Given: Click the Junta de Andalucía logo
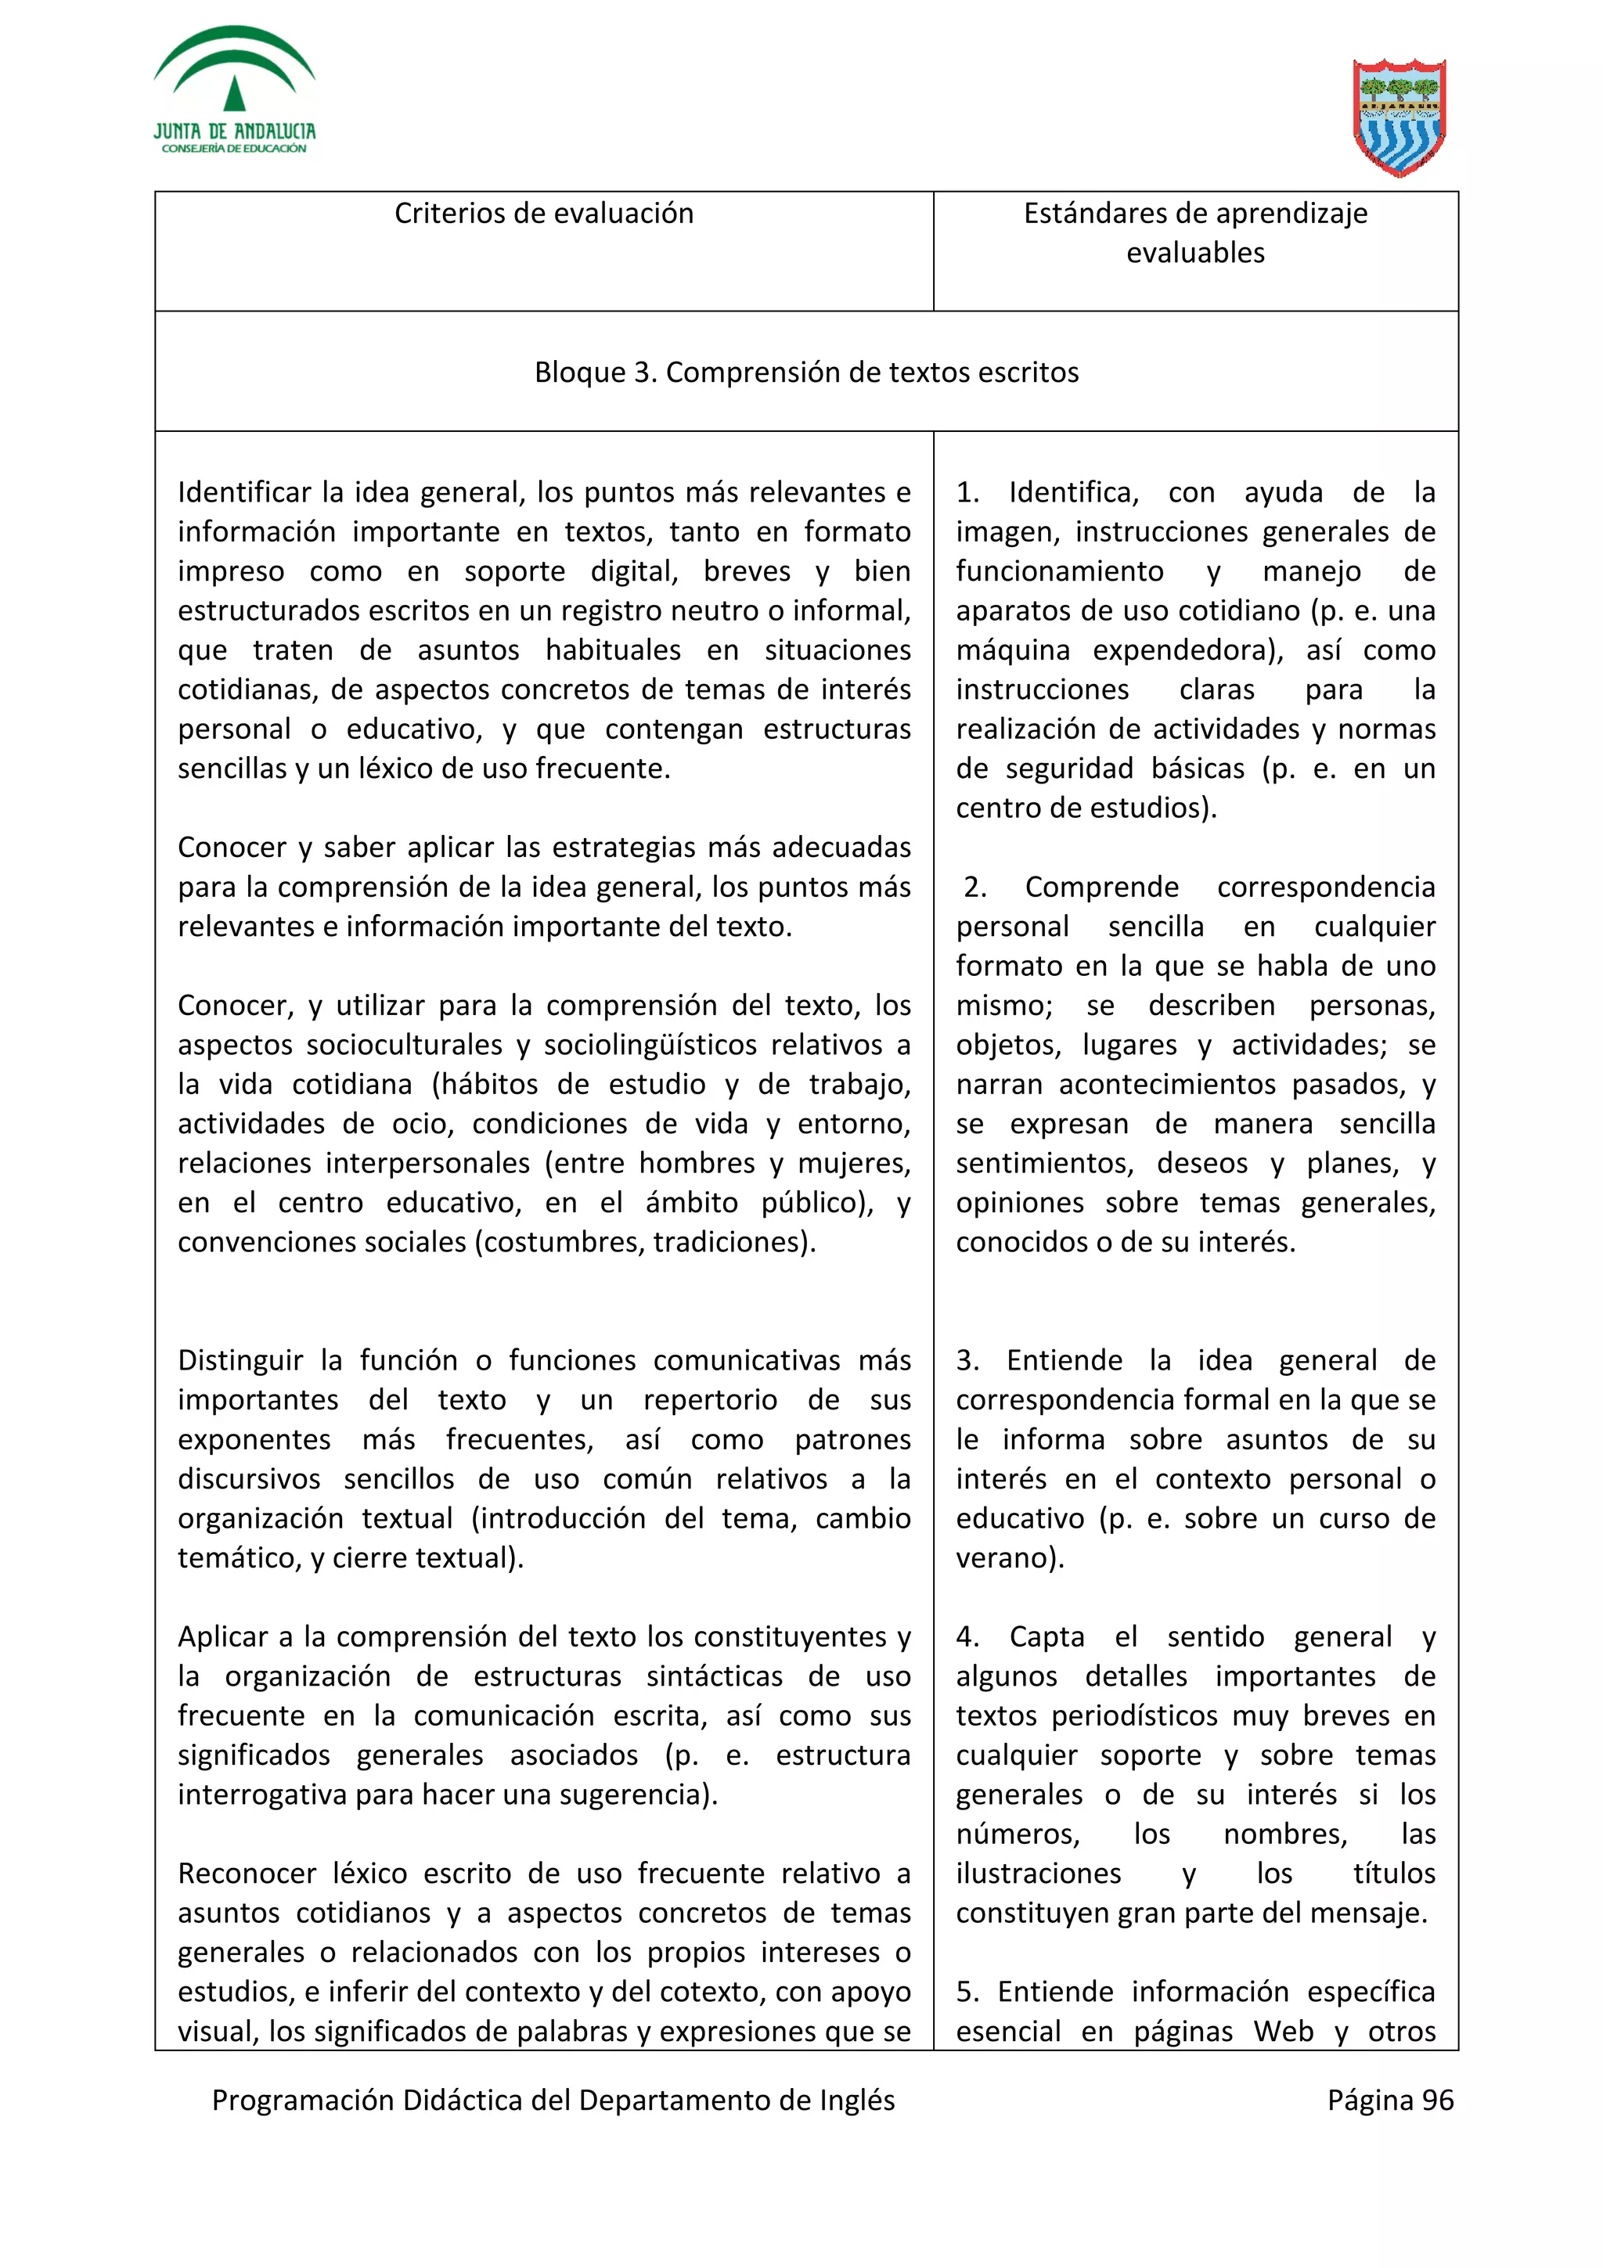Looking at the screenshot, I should pos(234,91).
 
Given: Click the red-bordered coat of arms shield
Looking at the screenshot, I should pos(1399,117).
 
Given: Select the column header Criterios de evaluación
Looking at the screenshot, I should pos(543,214).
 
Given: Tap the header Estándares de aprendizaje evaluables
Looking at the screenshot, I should pos(1195,233).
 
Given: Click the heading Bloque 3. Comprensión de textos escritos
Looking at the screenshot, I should pos(806,373).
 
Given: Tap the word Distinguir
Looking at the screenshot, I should pos(240,1360).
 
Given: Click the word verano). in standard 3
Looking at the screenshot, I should pos(1010,1557).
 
